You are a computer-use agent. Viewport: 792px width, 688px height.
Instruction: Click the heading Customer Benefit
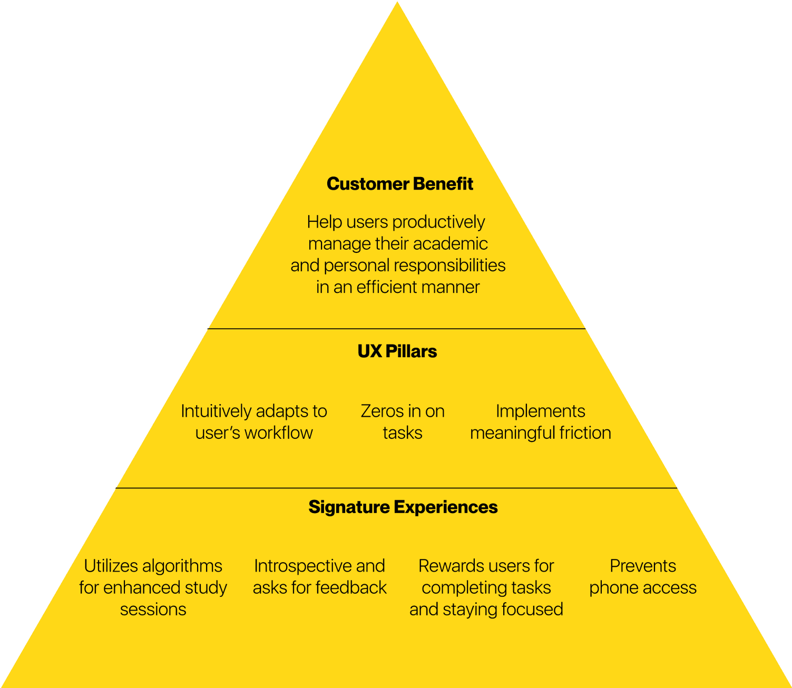tap(399, 184)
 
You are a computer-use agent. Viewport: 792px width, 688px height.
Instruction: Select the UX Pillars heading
tap(397, 351)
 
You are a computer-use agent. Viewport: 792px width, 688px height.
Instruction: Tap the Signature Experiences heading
tap(403, 507)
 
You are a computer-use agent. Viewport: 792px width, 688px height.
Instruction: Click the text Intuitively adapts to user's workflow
tap(253, 421)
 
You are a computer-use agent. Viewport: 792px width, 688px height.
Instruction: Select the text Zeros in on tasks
tap(402, 421)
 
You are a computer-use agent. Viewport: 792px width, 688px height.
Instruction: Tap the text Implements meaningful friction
tap(540, 421)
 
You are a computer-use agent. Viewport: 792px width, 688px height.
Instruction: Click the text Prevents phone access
tap(642, 576)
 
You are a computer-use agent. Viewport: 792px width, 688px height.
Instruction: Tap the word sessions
tap(153, 609)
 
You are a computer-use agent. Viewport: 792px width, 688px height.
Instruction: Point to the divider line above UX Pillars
tap(397, 329)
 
